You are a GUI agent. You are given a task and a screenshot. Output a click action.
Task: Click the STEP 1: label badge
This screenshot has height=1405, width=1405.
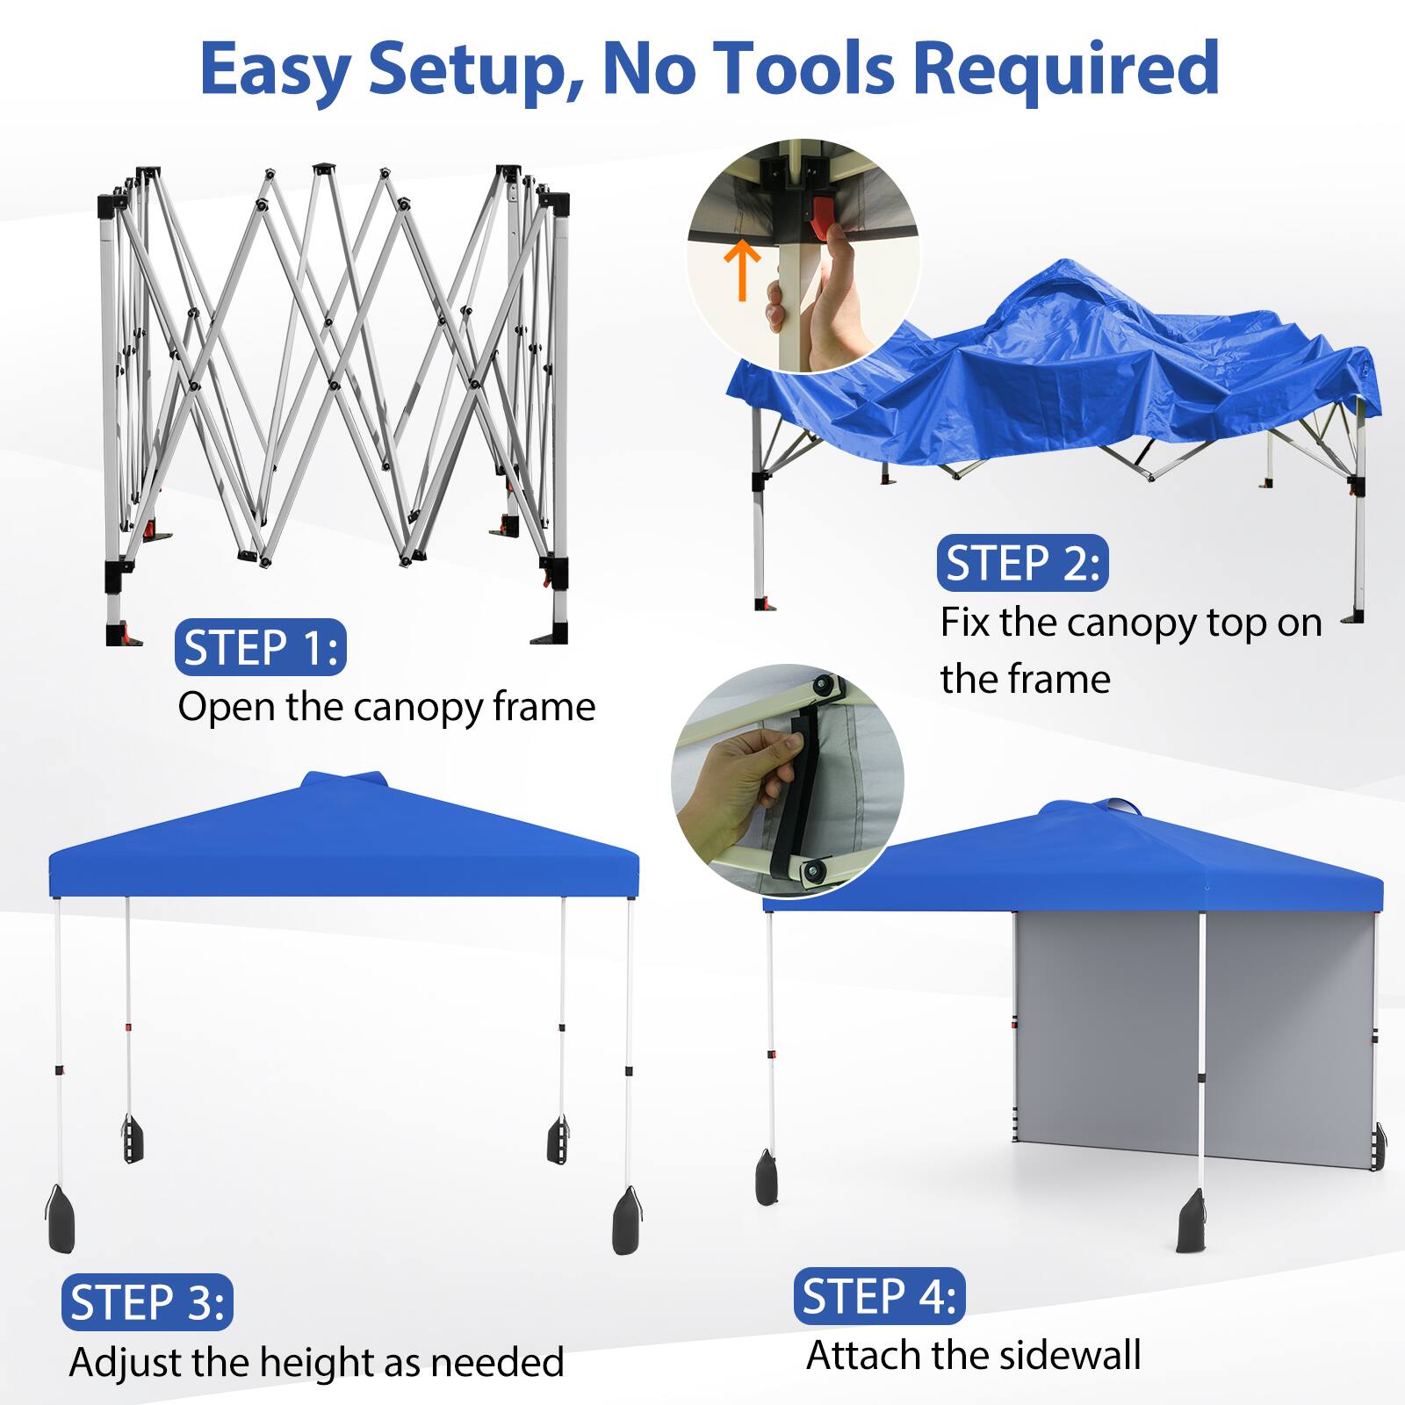coord(260,648)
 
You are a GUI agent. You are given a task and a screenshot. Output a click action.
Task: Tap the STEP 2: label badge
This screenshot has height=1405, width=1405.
coord(1022,564)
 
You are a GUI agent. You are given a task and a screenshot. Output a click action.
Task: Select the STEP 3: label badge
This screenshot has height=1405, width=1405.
coord(147,1302)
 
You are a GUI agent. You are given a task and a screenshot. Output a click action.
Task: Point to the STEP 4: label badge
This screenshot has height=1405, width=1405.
coord(879,1295)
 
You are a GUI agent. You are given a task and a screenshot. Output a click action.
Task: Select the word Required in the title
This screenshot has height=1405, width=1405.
coord(1066,68)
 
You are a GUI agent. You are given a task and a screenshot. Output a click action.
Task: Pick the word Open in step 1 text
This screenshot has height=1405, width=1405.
coord(227,706)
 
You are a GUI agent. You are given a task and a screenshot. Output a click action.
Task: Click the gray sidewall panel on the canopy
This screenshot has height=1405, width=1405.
coord(1194,1036)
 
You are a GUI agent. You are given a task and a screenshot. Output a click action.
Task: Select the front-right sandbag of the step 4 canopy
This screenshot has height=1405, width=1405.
coord(1192,1221)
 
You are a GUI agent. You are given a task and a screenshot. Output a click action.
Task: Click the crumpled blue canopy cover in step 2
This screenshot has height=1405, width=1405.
coord(1054,369)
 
